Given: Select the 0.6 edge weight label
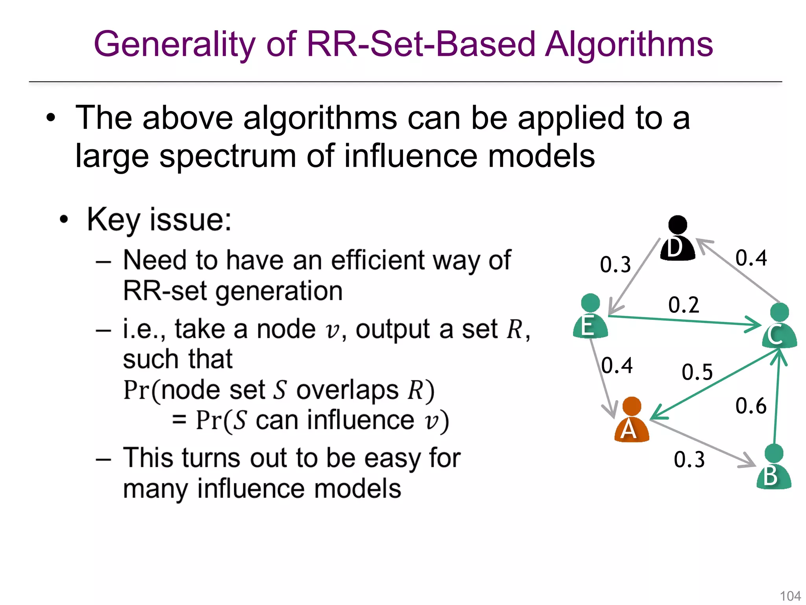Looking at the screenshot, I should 751,406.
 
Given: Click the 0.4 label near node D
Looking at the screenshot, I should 751,258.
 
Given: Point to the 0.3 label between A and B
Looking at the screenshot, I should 689,460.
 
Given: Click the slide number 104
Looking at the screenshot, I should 790,596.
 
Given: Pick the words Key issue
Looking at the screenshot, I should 159,220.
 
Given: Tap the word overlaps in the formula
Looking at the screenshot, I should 348,390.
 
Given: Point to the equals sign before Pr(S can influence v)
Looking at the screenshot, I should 179,420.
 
